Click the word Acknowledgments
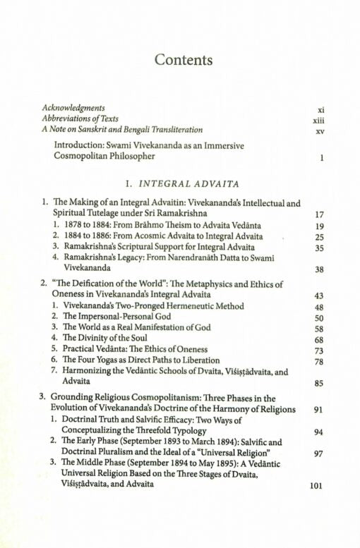74,108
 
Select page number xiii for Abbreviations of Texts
318,121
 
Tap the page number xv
320,131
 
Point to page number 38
319,269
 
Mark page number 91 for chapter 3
319,409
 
